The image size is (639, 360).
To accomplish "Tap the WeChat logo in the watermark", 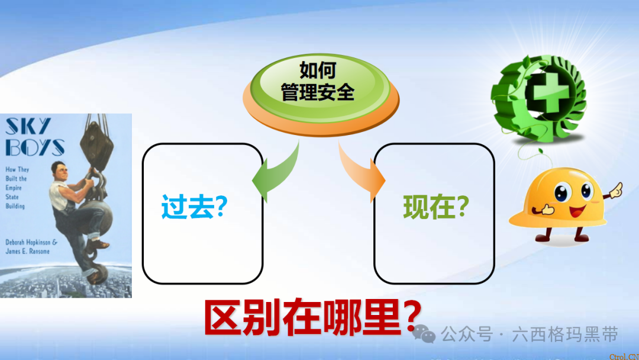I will (424, 334).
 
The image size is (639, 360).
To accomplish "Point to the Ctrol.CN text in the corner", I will (624, 356).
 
